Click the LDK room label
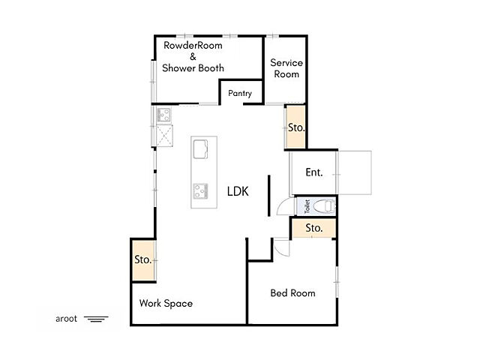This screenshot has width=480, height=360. pos(238,191)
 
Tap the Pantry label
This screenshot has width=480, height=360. pos(240,93)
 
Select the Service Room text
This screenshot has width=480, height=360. pos(286,68)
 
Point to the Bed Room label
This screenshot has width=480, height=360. pos(293,293)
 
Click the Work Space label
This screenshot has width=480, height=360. pos(166,303)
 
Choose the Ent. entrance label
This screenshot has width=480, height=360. pos(314,172)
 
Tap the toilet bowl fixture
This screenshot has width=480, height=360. pos(324,206)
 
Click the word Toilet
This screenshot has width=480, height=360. pos(307,206)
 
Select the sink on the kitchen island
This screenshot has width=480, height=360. pos(200,149)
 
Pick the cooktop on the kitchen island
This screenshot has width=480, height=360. pos(200,190)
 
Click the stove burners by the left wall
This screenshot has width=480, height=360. pos(163,115)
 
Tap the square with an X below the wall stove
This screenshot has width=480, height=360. pos(164,135)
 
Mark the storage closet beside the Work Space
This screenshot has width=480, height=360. pos(143,260)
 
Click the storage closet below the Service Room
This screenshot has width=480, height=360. pos(295,127)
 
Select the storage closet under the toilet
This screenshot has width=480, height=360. pos(314,228)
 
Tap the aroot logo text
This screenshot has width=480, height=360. pos(66,319)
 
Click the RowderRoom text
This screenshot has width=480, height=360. pos(193,45)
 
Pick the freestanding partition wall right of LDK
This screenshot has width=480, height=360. pos(269,196)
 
